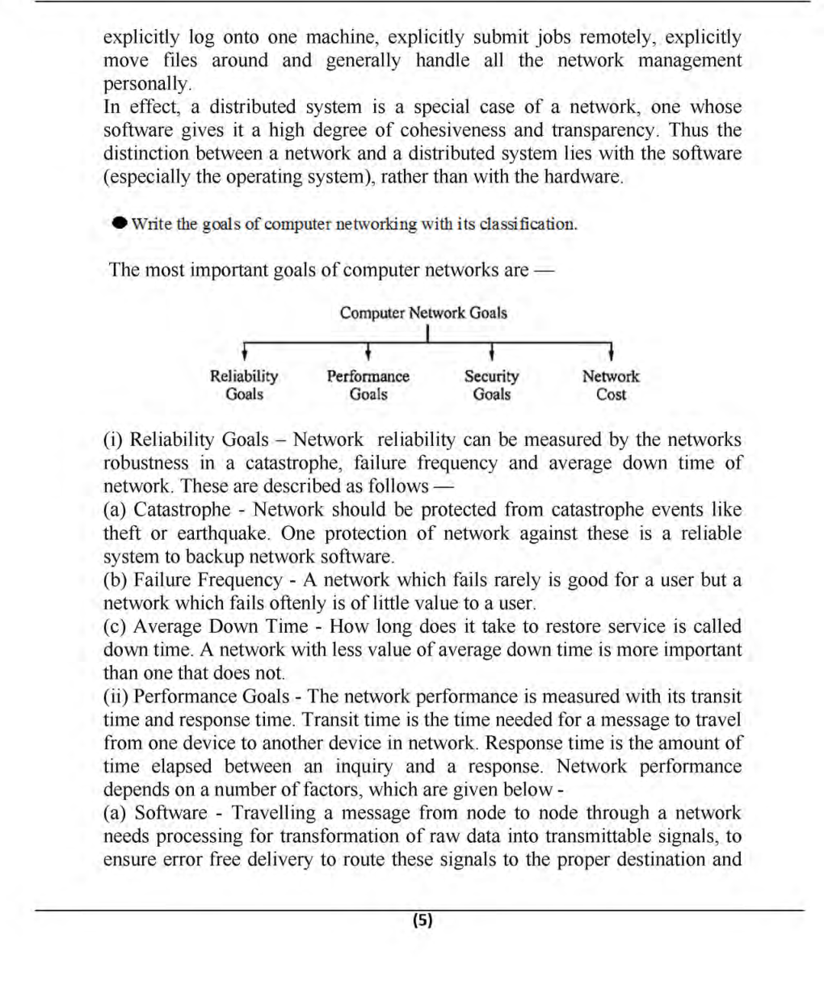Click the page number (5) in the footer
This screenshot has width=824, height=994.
coord(423,920)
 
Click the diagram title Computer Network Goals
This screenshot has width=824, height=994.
coord(423,313)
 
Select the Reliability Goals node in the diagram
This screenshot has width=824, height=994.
coord(244,385)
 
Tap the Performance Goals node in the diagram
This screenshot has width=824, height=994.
coord(368,385)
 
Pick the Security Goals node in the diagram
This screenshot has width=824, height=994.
coord(491,385)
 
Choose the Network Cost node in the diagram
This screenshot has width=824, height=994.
coord(611,385)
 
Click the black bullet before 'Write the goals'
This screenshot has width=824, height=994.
coord(120,223)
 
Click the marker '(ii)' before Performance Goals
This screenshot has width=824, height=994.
coord(116,697)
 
